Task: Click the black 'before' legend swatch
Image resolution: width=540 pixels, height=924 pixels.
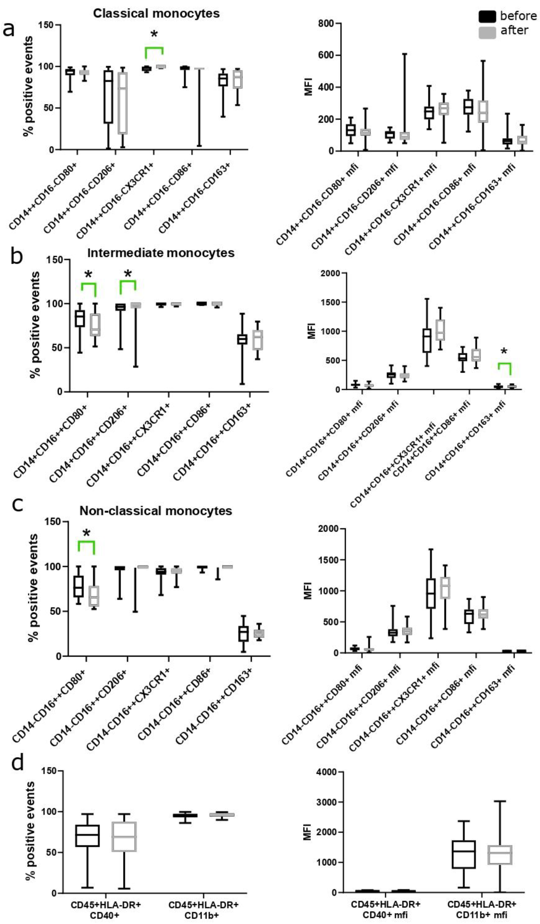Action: coord(487,16)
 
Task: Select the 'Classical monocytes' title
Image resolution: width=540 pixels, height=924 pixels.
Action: coord(156,14)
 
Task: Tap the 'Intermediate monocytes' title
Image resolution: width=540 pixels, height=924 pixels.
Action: coord(161,253)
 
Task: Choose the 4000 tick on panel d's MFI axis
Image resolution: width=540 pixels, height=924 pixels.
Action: coord(326,772)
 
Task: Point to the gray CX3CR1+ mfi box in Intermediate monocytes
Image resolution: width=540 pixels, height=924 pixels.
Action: coord(440,330)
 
